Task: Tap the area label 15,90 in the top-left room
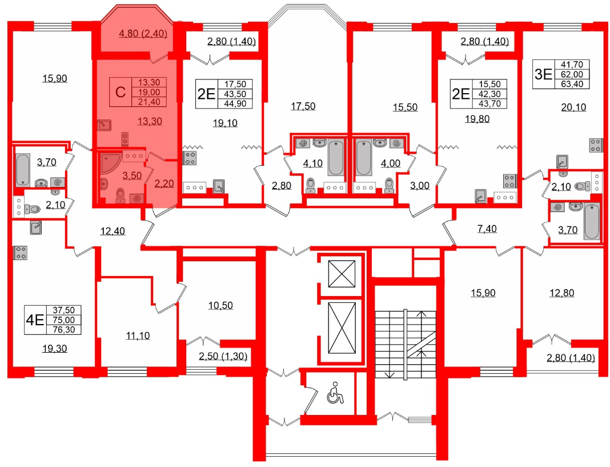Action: click(55, 79)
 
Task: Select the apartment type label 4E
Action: click(35, 320)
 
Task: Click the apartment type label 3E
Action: click(544, 74)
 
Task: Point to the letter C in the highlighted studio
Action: click(121, 92)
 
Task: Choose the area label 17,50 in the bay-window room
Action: click(303, 106)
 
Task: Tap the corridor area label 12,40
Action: click(113, 231)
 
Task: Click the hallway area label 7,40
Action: click(487, 229)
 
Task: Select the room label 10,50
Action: click(220, 306)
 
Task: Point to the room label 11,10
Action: click(138, 336)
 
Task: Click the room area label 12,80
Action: click(562, 293)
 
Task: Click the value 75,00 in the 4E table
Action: click(64, 320)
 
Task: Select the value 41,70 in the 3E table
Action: click(572, 65)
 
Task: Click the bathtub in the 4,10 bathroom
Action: click(336, 158)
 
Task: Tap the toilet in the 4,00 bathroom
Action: click(389, 185)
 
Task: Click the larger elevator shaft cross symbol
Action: click(342, 328)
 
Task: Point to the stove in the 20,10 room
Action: click(595, 146)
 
